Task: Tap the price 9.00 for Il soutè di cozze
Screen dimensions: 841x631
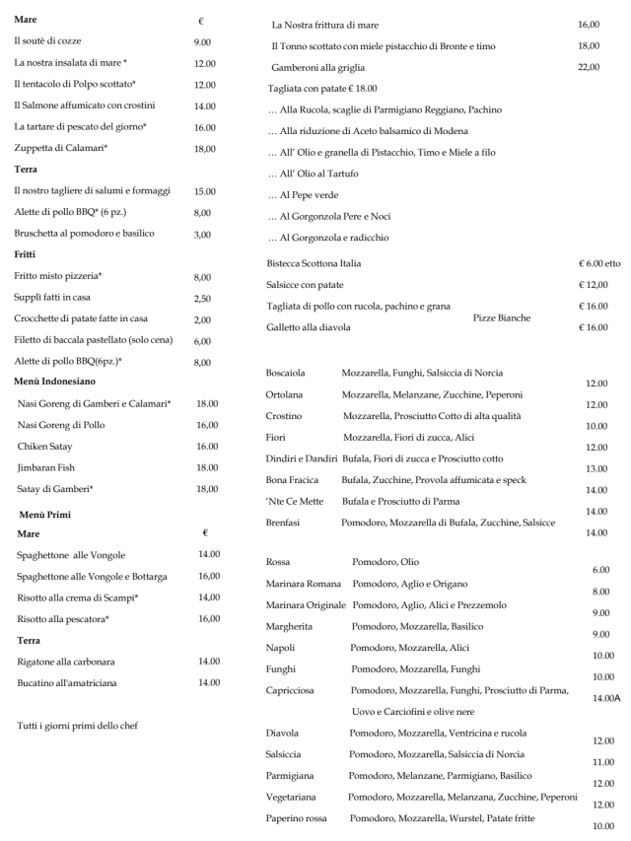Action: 205,42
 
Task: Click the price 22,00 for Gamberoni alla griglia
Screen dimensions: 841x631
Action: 588,66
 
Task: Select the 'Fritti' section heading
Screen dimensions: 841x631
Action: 25,253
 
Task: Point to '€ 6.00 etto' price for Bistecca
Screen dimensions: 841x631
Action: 599,263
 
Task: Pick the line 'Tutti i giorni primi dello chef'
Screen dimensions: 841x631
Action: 77,727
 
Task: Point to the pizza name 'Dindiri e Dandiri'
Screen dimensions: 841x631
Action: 303,458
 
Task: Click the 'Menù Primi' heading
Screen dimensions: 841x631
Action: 45,515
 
